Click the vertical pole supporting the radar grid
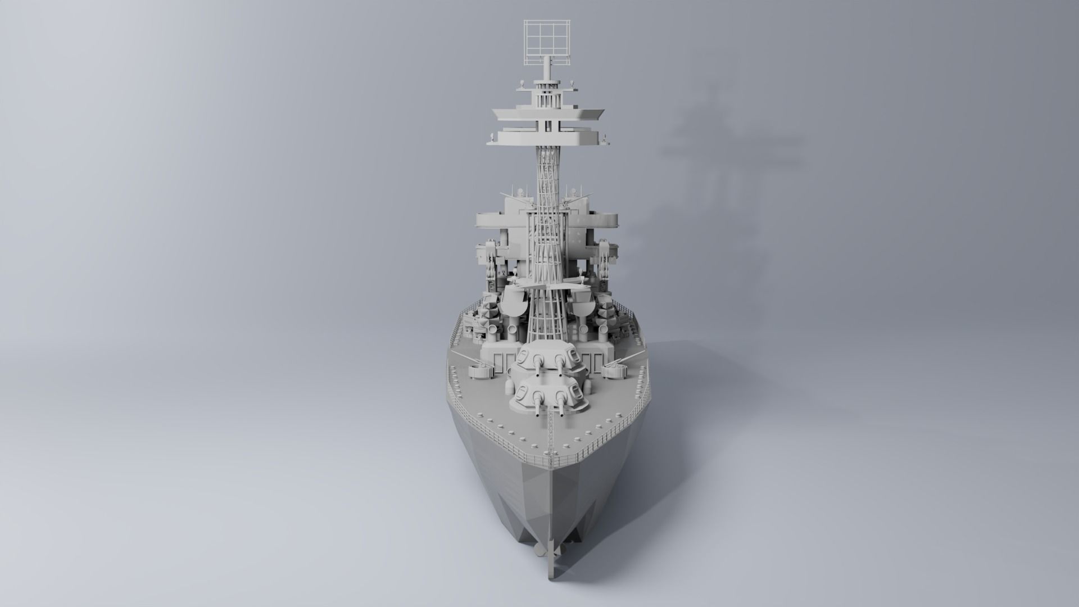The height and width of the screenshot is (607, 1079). pos(546,70)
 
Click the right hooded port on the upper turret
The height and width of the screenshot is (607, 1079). pos(573,355)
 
